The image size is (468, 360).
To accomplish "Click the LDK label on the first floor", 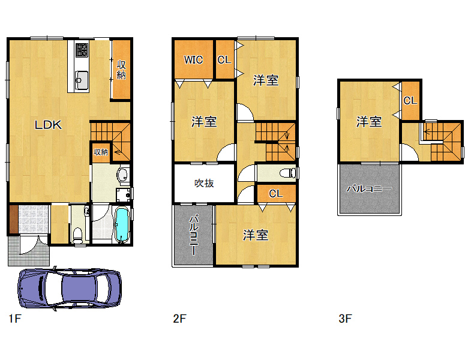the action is click(x=49, y=125).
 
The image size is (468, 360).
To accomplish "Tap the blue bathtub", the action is click(x=122, y=225).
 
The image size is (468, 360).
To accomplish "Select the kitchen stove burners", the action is click(x=82, y=50).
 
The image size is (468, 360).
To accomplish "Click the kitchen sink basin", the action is click(x=82, y=80).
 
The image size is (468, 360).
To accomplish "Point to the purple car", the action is click(x=70, y=288).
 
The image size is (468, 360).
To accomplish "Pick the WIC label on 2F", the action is click(x=193, y=60).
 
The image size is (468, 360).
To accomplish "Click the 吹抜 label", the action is click(x=204, y=183).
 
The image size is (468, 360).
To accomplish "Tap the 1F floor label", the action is click(x=15, y=319).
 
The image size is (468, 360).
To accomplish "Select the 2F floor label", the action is click(x=179, y=319).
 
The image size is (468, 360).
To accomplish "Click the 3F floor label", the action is click(x=346, y=319).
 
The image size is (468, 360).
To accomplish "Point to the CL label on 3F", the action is click(x=410, y=101).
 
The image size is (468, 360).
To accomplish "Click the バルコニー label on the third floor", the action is click(x=369, y=188).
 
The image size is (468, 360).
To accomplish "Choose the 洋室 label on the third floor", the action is click(x=369, y=121).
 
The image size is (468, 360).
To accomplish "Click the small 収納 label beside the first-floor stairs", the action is click(x=101, y=152).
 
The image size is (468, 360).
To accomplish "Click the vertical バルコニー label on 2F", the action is click(x=193, y=235).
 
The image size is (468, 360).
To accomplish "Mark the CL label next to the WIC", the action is click(x=224, y=60).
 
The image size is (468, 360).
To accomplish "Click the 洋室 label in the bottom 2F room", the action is click(x=256, y=235).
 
